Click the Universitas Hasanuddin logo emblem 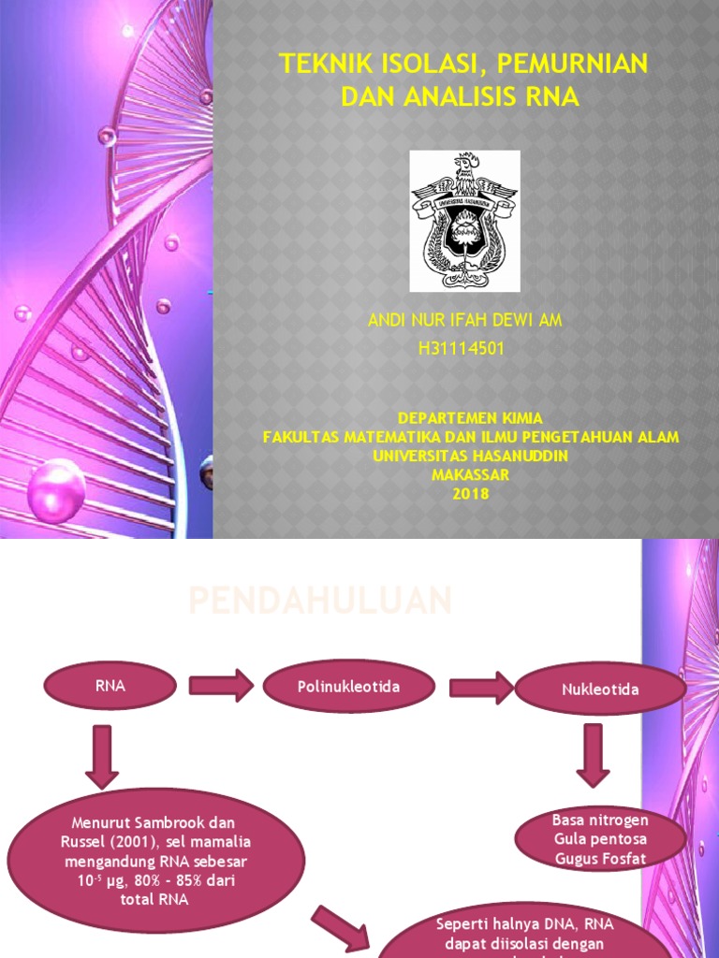tap(464, 220)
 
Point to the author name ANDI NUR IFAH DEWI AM tap(464, 321)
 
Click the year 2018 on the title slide tap(470, 495)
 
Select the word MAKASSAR tap(470, 475)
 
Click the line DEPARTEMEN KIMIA tap(470, 417)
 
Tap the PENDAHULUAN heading tap(320, 601)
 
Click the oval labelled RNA tap(110, 687)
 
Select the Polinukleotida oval tap(348, 688)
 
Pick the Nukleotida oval tap(602, 689)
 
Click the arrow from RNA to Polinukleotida tap(221, 687)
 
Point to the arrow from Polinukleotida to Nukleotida tap(481, 689)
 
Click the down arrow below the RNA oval tap(101, 756)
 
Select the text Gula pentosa tap(587, 838)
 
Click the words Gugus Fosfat tap(587, 857)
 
